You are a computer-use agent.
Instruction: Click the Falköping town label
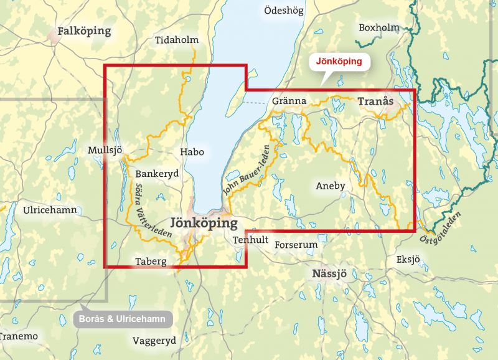coord(83,31)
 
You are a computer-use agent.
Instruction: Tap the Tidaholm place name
coord(176,40)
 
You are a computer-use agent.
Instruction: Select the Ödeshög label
coord(284,11)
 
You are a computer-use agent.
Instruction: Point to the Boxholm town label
coord(378,27)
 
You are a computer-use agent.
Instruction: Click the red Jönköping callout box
coord(340,62)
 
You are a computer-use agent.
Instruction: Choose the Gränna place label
coord(289,101)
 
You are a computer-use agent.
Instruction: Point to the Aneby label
coord(331,186)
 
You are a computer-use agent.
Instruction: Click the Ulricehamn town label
coord(50,210)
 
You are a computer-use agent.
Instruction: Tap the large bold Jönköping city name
coord(204,223)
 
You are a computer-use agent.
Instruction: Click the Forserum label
coord(296,245)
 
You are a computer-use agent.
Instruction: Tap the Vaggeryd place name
coord(154,340)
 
